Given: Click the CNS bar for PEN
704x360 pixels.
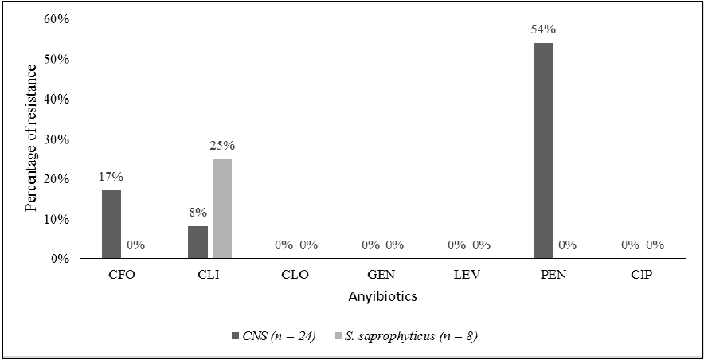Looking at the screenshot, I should coord(542,151).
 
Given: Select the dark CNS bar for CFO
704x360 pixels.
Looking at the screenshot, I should coord(111,224).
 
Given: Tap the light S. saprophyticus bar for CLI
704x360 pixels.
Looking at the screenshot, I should coord(222,209).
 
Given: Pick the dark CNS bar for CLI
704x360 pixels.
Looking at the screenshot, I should coord(198,242).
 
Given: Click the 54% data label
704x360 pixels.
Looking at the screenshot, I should coord(542,29).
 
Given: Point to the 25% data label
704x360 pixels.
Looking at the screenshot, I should coord(222,146).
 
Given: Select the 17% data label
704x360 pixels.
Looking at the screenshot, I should coord(111,178).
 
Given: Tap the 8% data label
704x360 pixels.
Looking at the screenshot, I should coord(198,213).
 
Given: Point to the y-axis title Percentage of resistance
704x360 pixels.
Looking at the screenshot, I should coord(31,138).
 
